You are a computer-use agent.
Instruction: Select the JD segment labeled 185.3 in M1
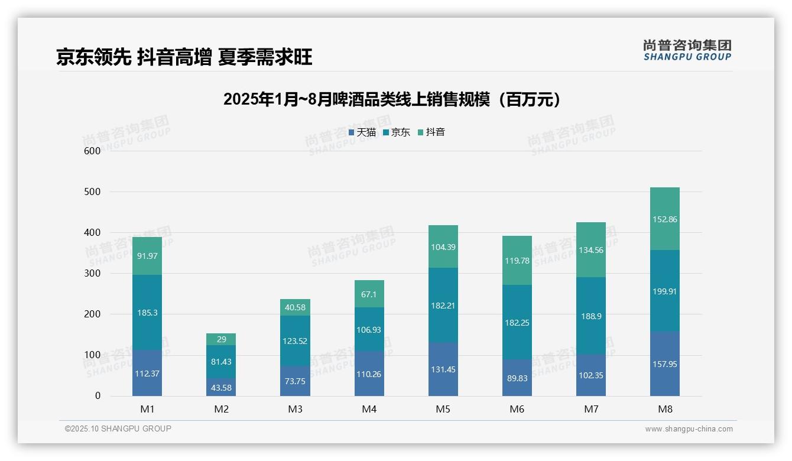pos(147,312)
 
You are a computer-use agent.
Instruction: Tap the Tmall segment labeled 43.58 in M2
pos(221,387)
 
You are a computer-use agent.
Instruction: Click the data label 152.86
pos(665,219)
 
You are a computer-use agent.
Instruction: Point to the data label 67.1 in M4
pos(369,294)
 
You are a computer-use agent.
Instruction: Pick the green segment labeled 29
pos(221,339)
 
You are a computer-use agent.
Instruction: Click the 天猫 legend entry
pos(362,132)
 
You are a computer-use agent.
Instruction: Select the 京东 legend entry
pos(397,132)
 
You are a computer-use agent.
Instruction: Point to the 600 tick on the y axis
pos(93,151)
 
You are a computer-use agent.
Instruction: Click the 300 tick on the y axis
pos(93,274)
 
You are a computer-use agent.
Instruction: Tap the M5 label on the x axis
pos(443,409)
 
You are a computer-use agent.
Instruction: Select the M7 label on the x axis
pos(591,409)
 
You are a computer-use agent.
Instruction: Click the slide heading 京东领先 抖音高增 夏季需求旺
pos(184,57)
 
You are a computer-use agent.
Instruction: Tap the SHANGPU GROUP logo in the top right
pos(687,50)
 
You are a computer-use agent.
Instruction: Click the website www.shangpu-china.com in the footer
pos(689,429)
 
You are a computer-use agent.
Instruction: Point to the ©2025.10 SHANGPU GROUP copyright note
pos(118,428)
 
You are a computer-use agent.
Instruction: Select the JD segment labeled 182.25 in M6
pos(517,322)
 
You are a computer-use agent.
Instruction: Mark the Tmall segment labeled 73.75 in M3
pos(295,381)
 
